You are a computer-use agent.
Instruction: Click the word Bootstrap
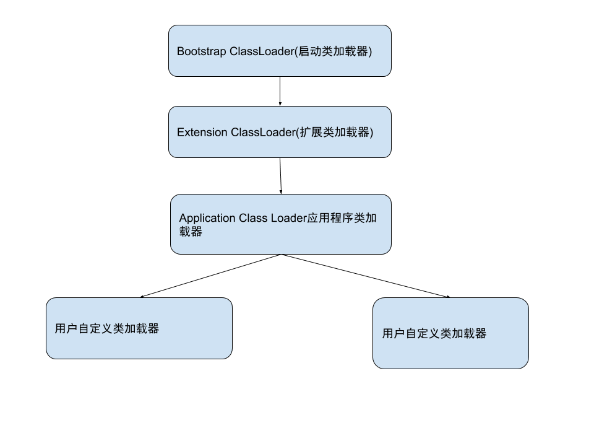202,51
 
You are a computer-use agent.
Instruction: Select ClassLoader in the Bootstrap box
262,51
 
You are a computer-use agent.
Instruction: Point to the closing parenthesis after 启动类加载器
369,51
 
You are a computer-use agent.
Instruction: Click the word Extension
202,133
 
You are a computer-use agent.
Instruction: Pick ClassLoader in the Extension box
262,133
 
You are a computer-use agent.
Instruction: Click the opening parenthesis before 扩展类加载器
297,133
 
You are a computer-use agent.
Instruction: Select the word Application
207,219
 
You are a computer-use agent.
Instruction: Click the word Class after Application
252,218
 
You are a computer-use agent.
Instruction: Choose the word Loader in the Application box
288,218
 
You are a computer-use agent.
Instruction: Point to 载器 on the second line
191,232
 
